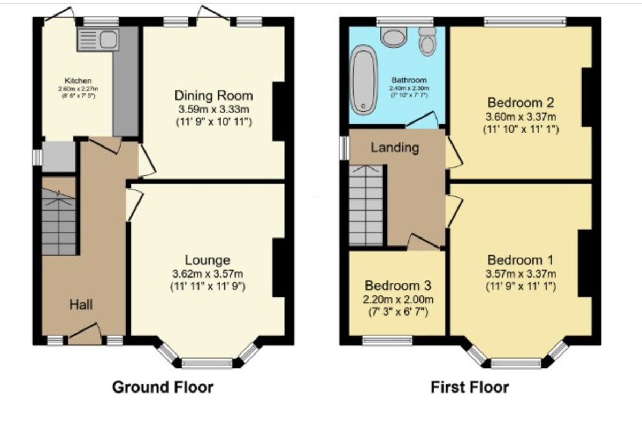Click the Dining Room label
[213, 96]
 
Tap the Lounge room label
[208, 260]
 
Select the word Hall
[81, 305]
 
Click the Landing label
[395, 147]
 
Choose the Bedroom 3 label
[398, 285]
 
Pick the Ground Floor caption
[162, 387]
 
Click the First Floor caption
[470, 387]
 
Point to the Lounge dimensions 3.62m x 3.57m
[208, 274]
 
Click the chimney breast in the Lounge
[279, 267]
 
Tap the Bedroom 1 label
[519, 260]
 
